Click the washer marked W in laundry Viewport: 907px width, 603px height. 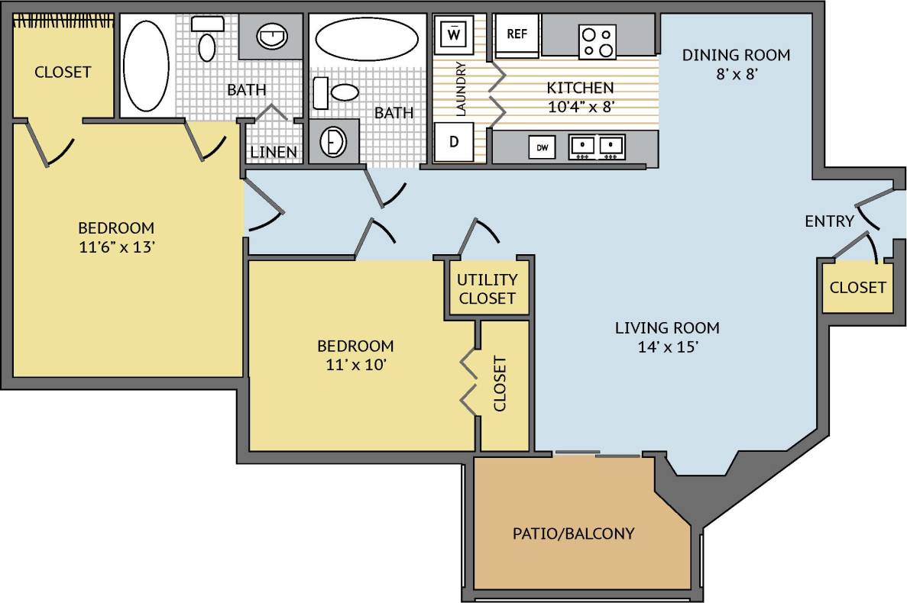454,34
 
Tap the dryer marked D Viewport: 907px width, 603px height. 454,143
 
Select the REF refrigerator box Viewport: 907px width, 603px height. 517,34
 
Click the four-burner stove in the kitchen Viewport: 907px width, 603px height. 598,41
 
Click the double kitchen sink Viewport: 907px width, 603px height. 597,146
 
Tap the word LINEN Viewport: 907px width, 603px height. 274,152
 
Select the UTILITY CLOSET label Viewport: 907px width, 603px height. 488,289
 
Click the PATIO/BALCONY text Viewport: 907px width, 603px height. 573,533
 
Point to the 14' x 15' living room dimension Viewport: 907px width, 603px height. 667,347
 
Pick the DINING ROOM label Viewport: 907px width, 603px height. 736,55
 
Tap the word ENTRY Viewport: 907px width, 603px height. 829,221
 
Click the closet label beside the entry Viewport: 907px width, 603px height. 857,288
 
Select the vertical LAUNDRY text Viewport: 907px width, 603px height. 462,89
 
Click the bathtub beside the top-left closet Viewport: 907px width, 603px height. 145,66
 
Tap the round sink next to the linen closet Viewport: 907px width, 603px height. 333,142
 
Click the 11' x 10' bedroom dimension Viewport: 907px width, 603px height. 355,364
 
